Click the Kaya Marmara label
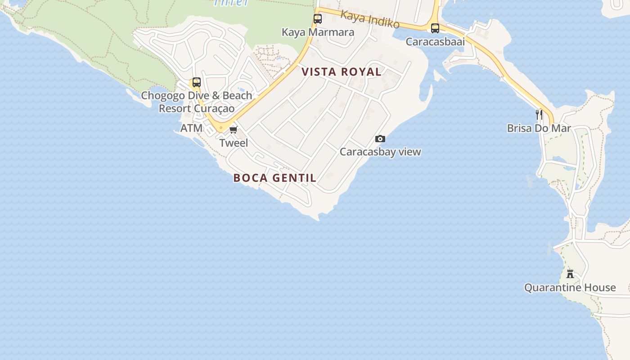(318, 32)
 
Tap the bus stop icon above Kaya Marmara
(318, 19)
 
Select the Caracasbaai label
(435, 42)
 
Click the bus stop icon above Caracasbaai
(435, 28)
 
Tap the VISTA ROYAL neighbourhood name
(342, 72)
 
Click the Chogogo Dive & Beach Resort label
(197, 102)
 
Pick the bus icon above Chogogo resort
(197, 82)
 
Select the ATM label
(191, 129)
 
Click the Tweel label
(234, 143)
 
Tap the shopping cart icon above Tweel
(233, 130)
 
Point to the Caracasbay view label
(380, 152)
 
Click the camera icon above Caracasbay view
(380, 139)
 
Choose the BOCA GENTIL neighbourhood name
(274, 178)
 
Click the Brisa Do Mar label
(539, 129)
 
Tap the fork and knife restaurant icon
(539, 115)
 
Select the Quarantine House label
(570, 288)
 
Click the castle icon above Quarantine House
(570, 274)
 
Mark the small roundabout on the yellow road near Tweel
(220, 128)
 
